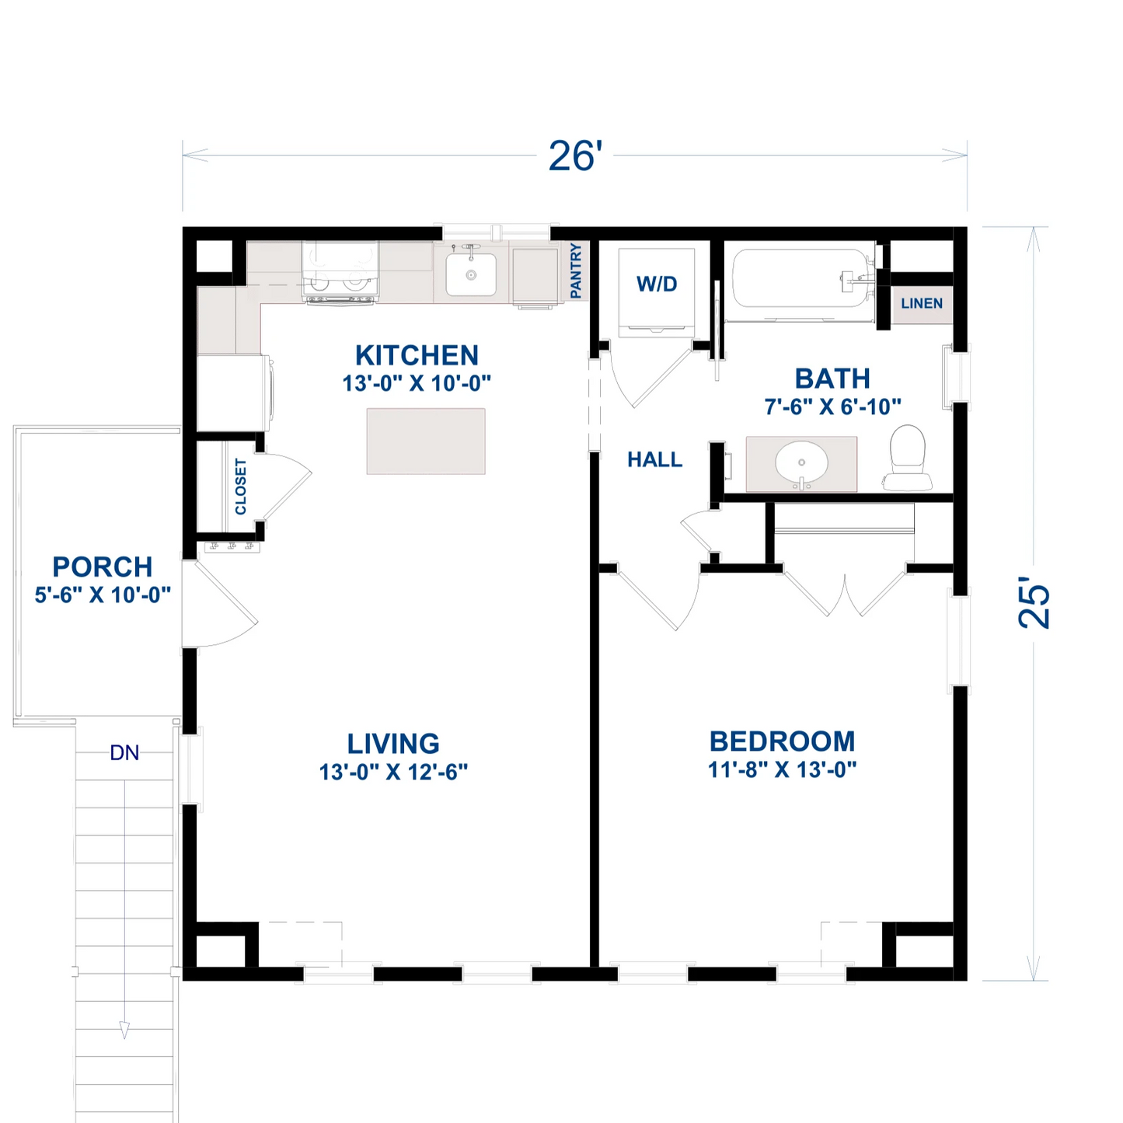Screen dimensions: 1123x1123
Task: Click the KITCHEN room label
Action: tap(417, 355)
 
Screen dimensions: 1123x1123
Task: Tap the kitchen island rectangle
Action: tap(426, 441)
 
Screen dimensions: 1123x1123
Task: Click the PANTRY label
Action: tap(576, 270)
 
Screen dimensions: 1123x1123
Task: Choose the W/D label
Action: tap(657, 284)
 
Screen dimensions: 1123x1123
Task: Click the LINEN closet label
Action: tap(922, 304)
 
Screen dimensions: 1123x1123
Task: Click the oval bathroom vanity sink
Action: tap(801, 463)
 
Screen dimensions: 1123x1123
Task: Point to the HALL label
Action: tap(655, 460)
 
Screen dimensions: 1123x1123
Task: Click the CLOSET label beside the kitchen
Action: tap(241, 487)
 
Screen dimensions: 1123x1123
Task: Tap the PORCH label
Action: tap(103, 567)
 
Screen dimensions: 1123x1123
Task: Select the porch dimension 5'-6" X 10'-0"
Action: tap(103, 595)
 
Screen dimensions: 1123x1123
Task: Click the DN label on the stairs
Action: tap(124, 753)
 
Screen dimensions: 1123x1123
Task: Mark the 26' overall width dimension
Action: tap(575, 156)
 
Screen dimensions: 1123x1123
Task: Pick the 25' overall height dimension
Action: tap(1034, 602)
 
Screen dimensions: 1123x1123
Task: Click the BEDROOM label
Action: tap(782, 741)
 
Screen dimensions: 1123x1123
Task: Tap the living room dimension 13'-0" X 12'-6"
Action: tap(393, 772)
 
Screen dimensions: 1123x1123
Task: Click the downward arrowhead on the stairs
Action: tap(124, 1031)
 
